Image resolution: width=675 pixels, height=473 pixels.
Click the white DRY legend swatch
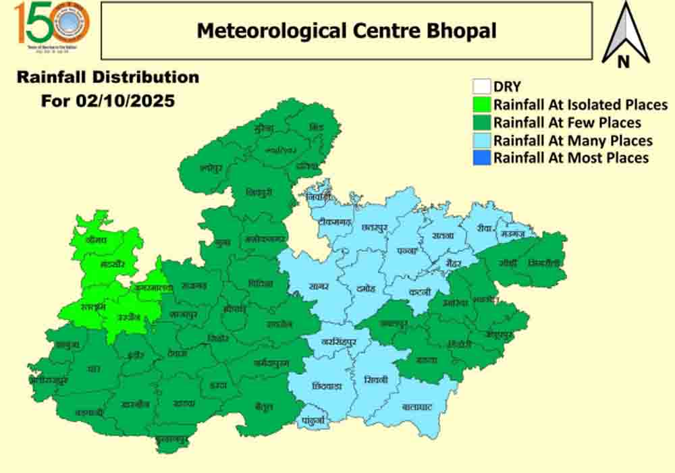coord(481,86)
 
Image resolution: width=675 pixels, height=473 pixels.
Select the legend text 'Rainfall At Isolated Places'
coord(580,105)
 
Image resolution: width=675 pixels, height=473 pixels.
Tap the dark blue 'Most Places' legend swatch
coord(481,158)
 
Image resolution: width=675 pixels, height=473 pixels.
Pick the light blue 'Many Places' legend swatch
coord(481,140)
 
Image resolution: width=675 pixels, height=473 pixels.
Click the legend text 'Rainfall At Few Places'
coord(567,123)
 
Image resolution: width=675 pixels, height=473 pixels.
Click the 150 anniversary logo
coord(52,26)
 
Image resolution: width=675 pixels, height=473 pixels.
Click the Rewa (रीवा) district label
coord(483,228)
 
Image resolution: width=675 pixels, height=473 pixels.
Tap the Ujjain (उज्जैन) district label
coord(129,316)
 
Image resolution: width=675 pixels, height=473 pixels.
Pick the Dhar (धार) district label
coord(94,368)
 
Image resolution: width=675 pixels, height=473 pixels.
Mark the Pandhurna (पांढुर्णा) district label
coord(313,420)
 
